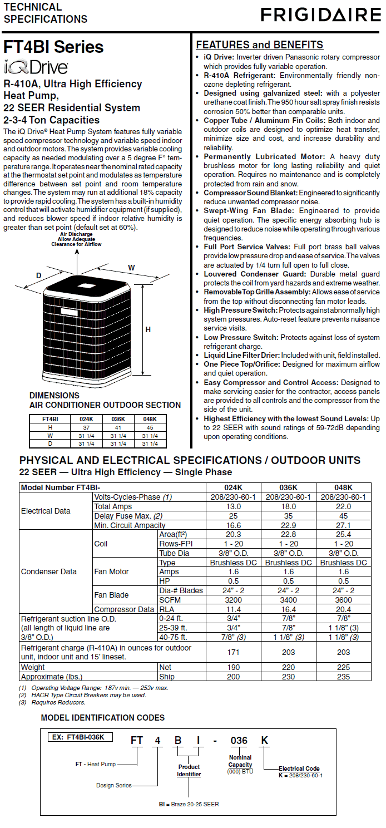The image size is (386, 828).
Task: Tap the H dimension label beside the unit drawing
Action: click(x=148, y=329)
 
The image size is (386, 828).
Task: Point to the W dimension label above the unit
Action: click(x=131, y=268)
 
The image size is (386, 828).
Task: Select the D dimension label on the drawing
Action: click(x=39, y=275)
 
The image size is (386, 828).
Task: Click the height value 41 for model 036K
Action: click(x=118, y=427)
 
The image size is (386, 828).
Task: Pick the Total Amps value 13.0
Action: click(x=234, y=506)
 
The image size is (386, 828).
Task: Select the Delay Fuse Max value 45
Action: click(x=344, y=516)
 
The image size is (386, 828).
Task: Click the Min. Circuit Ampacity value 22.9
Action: click(x=289, y=525)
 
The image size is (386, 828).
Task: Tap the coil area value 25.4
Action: click(x=344, y=534)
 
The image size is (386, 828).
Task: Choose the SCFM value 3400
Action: click(x=289, y=600)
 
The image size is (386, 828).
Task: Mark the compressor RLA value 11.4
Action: click(x=234, y=609)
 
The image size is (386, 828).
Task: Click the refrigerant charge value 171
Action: click(x=234, y=652)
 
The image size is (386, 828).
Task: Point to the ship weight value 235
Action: click(x=344, y=677)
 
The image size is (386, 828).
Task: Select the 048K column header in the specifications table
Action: click(x=344, y=487)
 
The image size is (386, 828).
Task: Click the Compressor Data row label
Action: click(x=124, y=609)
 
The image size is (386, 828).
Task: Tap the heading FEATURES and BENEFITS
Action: click(x=260, y=45)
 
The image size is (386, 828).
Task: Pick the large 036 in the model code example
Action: click(x=239, y=741)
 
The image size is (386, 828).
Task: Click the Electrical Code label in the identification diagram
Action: click(x=299, y=768)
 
